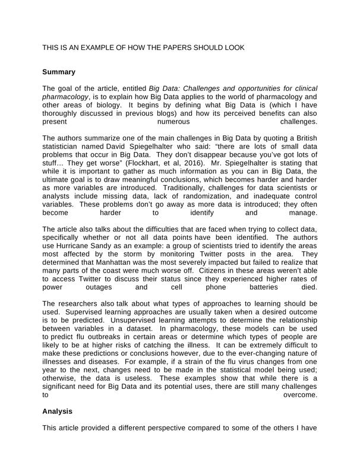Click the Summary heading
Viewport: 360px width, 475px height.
(59, 72)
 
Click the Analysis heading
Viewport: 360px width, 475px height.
(58, 410)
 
